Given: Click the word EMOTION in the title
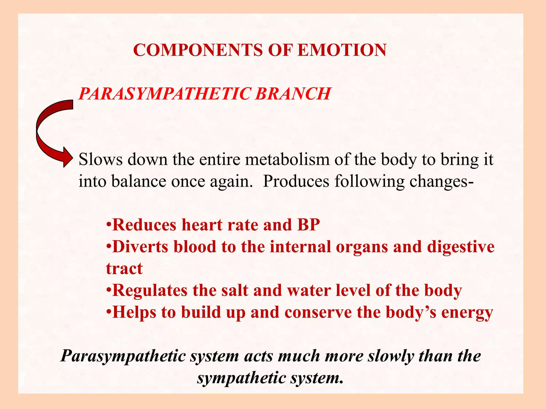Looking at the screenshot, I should tap(342, 50).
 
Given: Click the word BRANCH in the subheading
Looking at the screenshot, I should tap(293, 94).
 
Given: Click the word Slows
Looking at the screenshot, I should tap(101, 159).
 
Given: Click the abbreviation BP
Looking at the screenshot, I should tap(308, 225).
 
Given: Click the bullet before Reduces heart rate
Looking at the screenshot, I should tap(108, 225).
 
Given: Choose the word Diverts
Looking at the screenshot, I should tap(140, 247).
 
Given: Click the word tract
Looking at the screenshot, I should tap(124, 268).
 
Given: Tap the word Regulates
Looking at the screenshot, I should tap(150, 290).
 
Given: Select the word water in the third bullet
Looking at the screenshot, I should tap(309, 290).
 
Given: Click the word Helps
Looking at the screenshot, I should tap(134, 312).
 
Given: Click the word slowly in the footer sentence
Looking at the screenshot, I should tap(391, 356).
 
